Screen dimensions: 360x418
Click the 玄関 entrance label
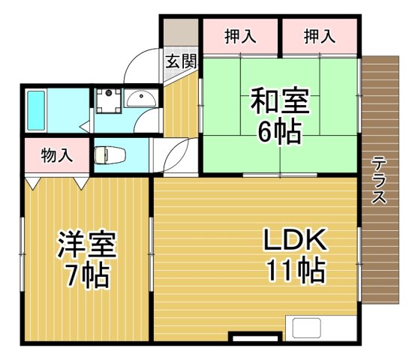coord(181,61)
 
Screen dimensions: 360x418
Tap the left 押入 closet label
coord(240,36)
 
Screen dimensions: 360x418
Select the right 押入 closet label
coord(319,36)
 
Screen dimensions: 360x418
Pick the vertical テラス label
coord(379,180)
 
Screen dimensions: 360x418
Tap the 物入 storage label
coord(56,156)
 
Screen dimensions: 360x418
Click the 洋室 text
coord(86,244)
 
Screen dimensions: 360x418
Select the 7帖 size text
coord(86,276)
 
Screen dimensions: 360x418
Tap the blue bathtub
coord(36,110)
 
